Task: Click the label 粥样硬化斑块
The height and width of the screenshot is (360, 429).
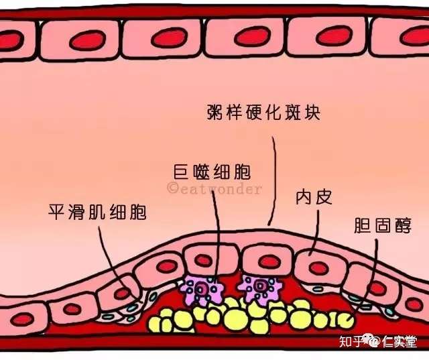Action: [263, 112]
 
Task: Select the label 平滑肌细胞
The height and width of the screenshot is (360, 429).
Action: [98, 213]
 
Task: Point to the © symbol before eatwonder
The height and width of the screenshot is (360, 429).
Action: [172, 189]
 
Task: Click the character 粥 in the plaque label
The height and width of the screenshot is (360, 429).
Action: [215, 112]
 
